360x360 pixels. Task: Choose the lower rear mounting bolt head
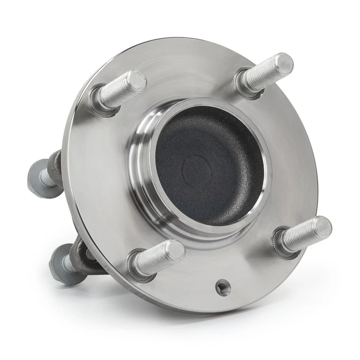(60, 262)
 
